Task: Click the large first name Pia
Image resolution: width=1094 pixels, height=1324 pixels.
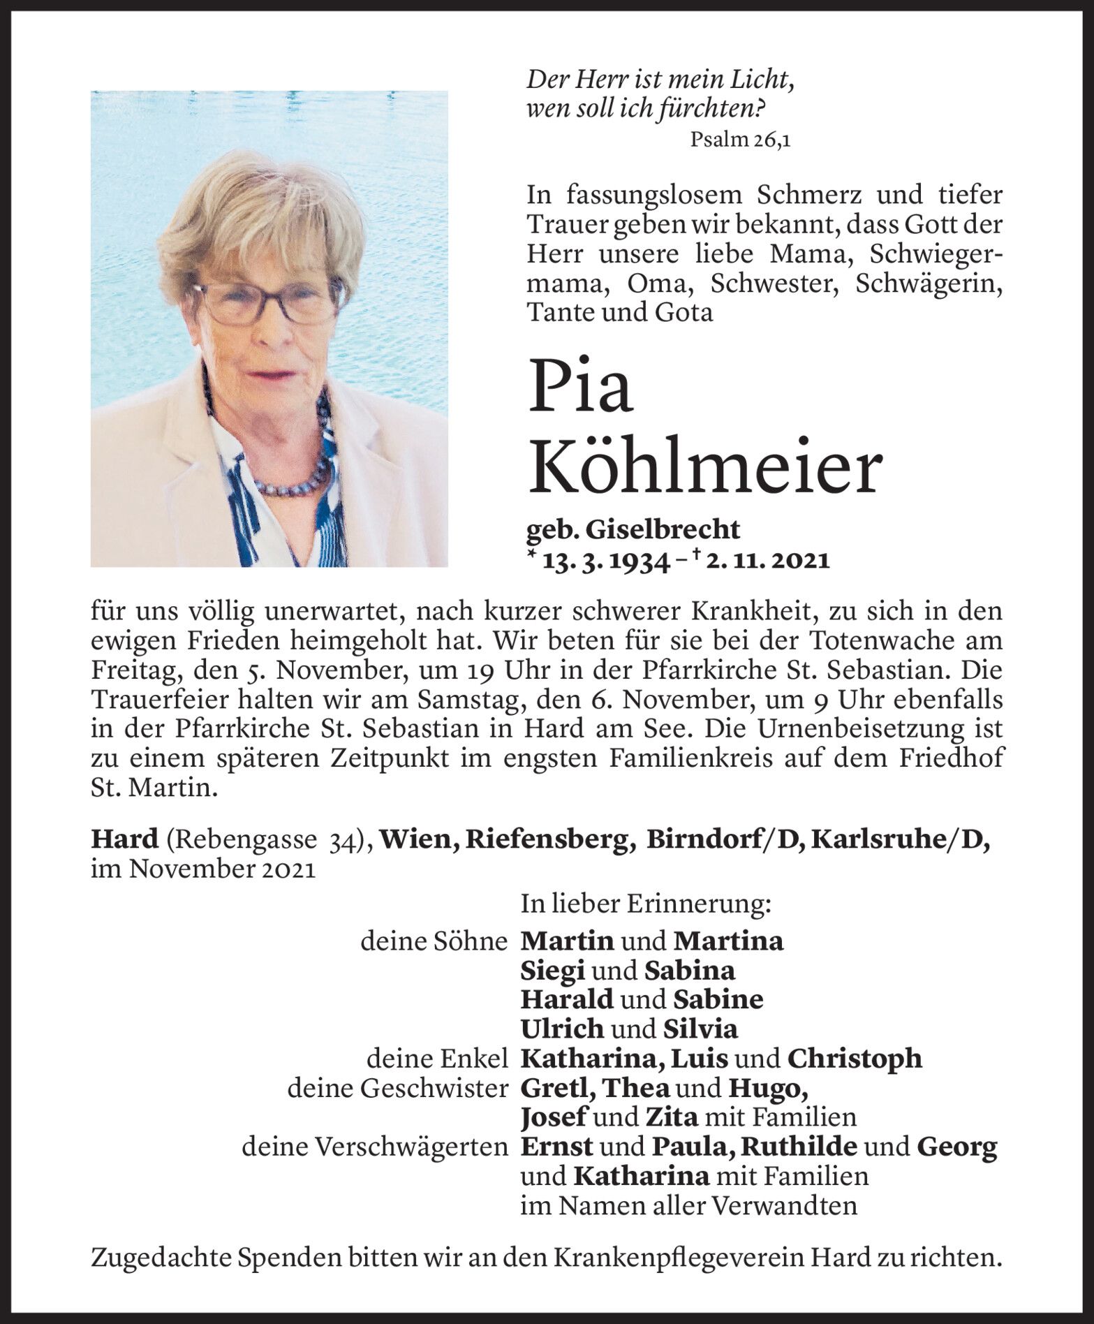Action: (581, 385)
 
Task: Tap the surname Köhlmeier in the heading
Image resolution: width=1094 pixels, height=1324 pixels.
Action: (705, 470)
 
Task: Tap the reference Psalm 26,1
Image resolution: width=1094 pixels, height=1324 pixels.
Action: (739, 140)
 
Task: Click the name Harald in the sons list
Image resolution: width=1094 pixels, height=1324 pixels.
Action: (566, 999)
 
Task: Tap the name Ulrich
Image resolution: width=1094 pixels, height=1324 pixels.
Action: (562, 1029)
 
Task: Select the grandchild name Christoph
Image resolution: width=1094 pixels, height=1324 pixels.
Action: (854, 1059)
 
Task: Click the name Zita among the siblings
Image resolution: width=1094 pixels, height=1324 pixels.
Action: (670, 1117)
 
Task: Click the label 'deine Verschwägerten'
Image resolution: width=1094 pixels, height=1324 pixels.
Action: (374, 1147)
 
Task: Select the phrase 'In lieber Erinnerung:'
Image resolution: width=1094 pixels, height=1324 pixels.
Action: (646, 905)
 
